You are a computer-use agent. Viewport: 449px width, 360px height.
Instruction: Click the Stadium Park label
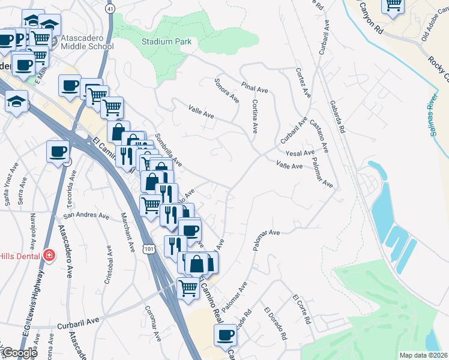click(166, 41)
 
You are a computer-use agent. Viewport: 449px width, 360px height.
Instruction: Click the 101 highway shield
click(149, 247)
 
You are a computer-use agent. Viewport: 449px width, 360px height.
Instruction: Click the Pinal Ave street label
click(255, 88)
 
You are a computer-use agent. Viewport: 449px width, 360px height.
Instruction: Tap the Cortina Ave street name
click(255, 116)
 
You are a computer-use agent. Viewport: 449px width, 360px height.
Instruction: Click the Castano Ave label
click(319, 135)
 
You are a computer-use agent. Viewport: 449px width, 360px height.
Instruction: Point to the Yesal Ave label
click(300, 153)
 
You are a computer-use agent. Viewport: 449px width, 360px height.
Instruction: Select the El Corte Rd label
click(301, 310)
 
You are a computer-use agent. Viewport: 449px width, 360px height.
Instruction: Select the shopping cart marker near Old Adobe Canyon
click(394, 6)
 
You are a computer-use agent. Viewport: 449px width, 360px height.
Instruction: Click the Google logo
click(20, 353)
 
